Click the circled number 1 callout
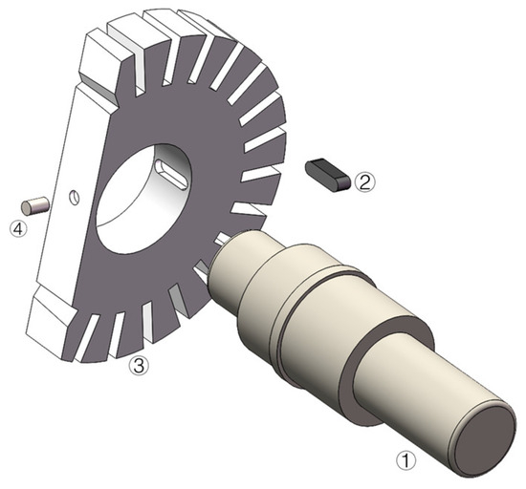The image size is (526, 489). [x=405, y=460]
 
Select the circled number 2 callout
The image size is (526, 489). [x=365, y=181]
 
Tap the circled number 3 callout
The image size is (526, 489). [x=139, y=365]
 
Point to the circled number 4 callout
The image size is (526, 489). [x=18, y=229]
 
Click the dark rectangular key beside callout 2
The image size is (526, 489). [x=328, y=175]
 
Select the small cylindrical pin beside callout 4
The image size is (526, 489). [x=34, y=205]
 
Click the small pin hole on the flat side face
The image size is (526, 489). [x=75, y=197]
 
